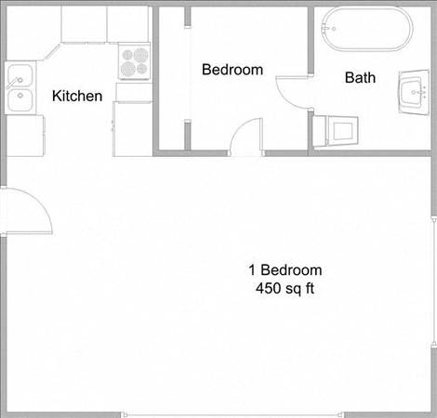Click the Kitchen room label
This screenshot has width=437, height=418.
(77, 96)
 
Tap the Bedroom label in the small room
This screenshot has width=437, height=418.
(232, 70)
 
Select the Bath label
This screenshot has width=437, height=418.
(360, 77)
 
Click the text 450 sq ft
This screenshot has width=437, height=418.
(285, 289)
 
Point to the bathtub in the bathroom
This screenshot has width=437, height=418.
(367, 29)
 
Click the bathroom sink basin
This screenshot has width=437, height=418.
(412, 93)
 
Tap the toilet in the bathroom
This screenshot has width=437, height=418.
(336, 131)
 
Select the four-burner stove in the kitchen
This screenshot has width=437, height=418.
(134, 61)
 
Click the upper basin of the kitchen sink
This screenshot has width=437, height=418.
(20, 75)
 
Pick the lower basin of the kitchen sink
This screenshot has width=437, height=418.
(20, 99)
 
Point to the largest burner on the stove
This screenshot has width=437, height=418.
(128, 69)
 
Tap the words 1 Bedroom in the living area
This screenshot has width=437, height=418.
(285, 270)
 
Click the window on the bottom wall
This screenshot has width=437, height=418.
(232, 414)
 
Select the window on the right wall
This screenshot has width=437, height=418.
(433, 281)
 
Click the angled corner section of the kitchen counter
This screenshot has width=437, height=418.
(52, 52)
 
